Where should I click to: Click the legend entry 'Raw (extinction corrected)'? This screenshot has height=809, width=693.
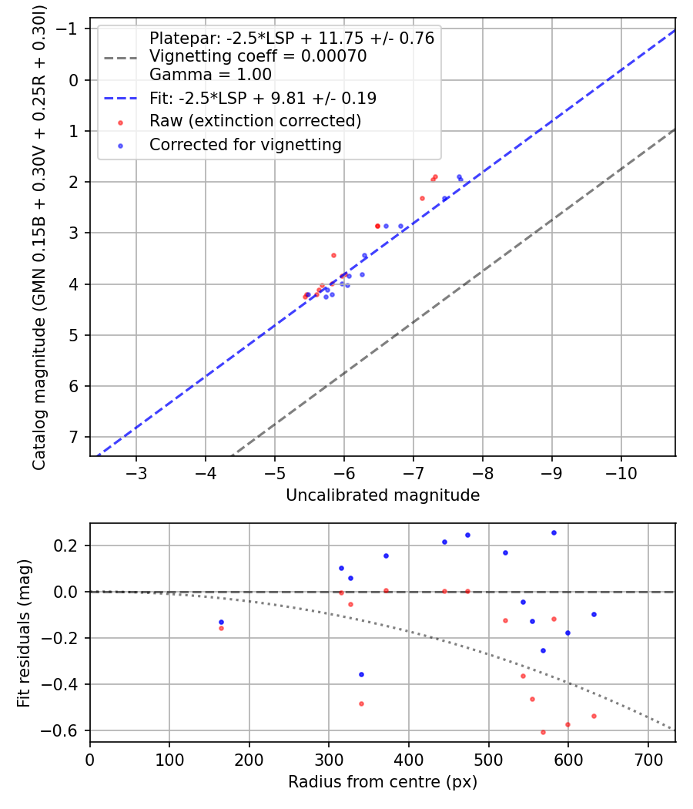point(255,121)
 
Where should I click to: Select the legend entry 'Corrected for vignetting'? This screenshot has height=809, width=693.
point(246,144)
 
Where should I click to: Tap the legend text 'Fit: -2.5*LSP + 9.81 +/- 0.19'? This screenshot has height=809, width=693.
point(263,99)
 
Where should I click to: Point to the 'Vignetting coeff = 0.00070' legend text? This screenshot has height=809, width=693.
point(258,56)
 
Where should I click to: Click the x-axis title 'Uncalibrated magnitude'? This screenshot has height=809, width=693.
point(383,495)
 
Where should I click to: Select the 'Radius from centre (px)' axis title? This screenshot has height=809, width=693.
point(383,782)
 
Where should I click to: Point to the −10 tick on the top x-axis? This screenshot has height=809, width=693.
point(620,472)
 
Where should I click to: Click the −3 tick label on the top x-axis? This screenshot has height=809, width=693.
point(136,472)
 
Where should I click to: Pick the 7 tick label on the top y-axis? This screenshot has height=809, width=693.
point(74,437)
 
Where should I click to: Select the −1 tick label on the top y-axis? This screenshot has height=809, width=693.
point(69,29)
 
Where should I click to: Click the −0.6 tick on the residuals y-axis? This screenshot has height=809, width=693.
point(68,730)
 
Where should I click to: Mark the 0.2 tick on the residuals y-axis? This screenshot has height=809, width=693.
point(72,545)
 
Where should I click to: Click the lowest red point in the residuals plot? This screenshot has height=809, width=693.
point(543,732)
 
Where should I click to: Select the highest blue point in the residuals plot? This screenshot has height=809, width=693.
point(554,532)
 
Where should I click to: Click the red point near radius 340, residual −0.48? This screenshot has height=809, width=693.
point(361,703)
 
